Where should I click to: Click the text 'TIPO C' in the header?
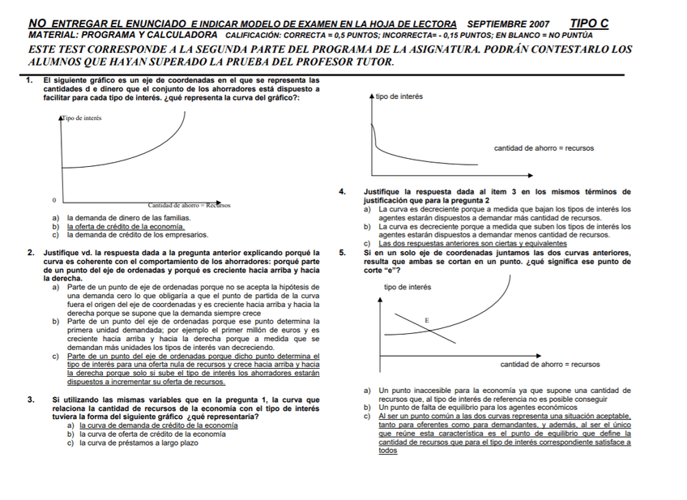tap(589, 24)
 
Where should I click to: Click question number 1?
tap(29, 80)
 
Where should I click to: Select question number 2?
tap(29, 253)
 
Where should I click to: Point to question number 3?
tap(30, 400)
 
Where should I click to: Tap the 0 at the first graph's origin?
tap(54, 199)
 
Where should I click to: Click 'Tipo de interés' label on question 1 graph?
tap(82, 118)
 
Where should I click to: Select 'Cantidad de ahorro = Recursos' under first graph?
tap(189, 205)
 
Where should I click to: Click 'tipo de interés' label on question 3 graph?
tap(399, 97)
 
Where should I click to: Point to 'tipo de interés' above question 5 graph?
tap(408, 287)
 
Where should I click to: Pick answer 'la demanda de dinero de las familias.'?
tap(129, 218)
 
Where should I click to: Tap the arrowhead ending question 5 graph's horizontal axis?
tap(539, 355)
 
